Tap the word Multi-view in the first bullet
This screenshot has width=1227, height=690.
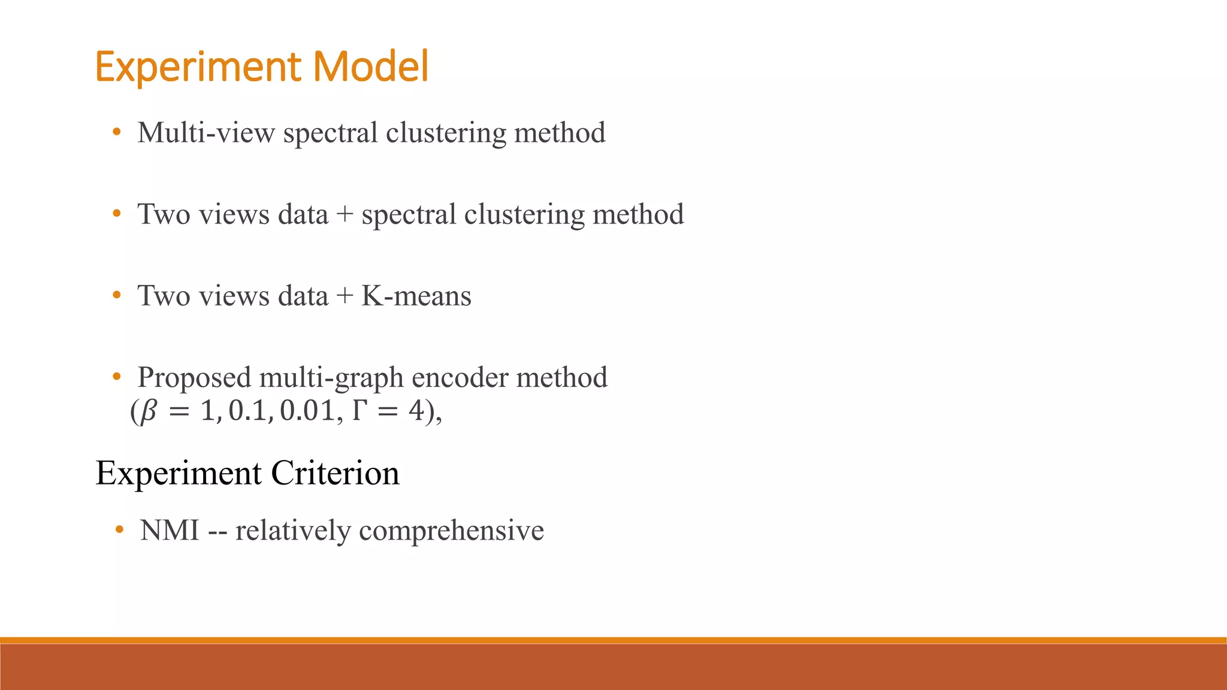click(206, 133)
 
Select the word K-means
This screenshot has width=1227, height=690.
click(416, 296)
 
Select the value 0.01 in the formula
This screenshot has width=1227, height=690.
click(307, 411)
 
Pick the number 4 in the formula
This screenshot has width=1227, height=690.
click(416, 411)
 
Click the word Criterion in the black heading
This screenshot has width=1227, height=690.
click(335, 473)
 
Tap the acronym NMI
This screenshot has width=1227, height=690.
click(170, 531)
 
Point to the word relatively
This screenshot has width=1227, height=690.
click(293, 531)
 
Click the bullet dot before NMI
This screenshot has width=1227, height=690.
click(120, 529)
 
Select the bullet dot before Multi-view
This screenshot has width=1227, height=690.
click(117, 132)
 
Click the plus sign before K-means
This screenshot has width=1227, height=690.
click(344, 296)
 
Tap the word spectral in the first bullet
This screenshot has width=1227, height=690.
click(331, 134)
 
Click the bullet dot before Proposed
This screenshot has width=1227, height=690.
click(117, 377)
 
